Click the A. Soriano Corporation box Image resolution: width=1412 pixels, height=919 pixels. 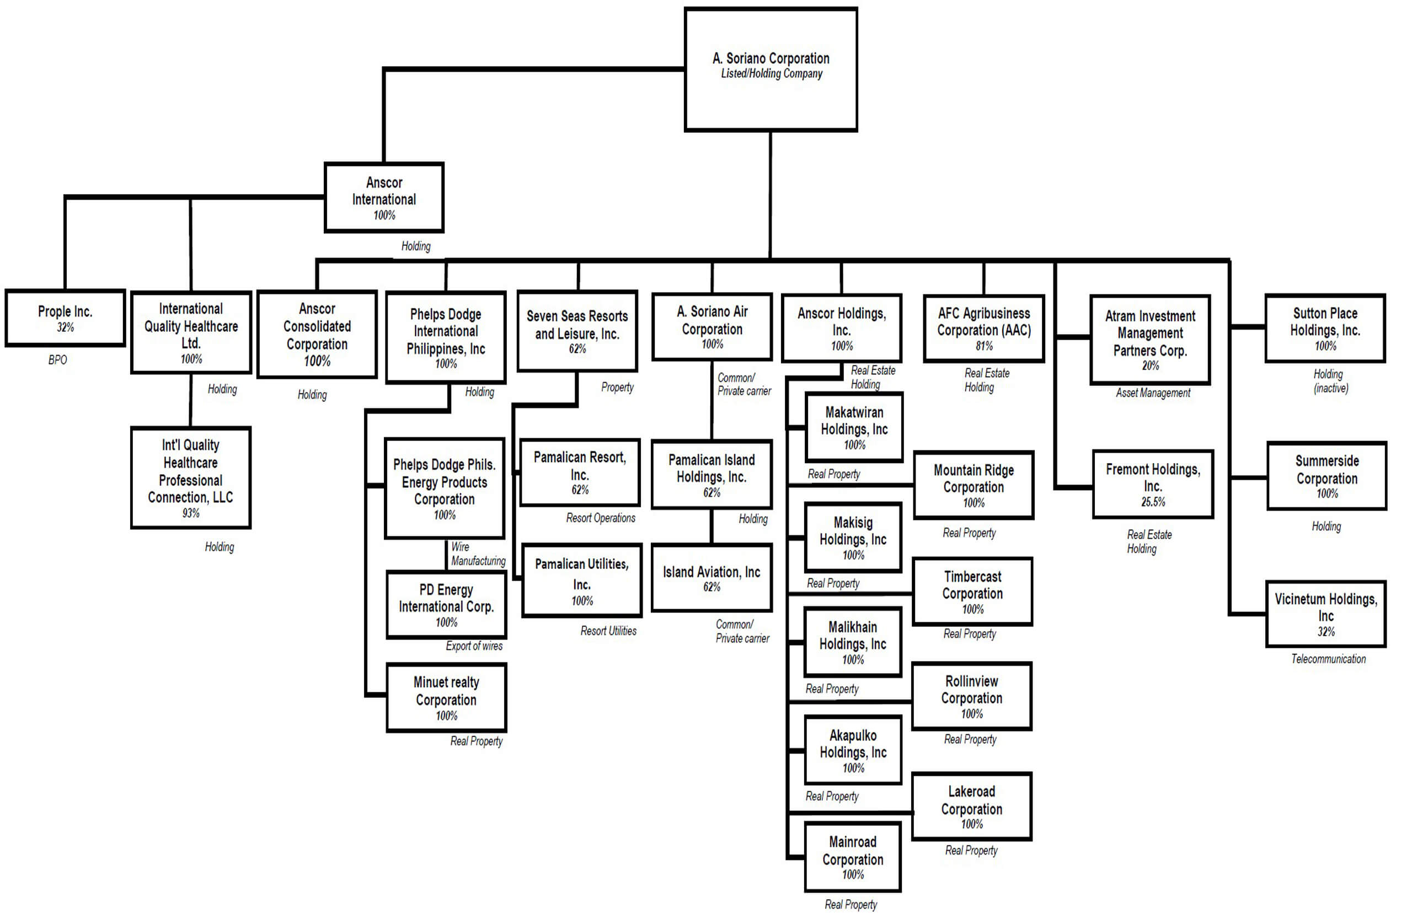pyautogui.click(x=771, y=69)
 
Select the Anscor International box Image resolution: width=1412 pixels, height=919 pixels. pyautogui.click(x=384, y=197)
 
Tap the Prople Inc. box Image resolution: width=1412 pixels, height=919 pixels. pyautogui.click(x=65, y=317)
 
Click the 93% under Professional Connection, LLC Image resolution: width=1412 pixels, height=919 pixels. pyautogui.click(x=190, y=513)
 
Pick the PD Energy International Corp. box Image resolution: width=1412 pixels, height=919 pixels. pyautogui.click(x=446, y=605)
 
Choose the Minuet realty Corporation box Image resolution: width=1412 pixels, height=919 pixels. pyautogui.click(x=446, y=697)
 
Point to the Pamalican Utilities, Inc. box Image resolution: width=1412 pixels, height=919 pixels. pyautogui.click(x=581, y=581)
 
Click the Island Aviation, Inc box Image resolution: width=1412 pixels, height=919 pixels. pyautogui.click(x=712, y=578)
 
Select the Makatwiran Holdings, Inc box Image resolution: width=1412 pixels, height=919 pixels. pyautogui.click(x=854, y=427)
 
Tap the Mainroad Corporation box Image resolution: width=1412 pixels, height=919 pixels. pyautogui.click(x=853, y=857)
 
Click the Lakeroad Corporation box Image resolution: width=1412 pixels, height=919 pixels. pyautogui.click(x=971, y=807)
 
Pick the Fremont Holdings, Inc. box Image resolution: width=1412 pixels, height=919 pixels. pyautogui.click(x=1153, y=484)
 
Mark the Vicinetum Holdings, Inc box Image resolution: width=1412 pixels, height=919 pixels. pyautogui.click(x=1326, y=614)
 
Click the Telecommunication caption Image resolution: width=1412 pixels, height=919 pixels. pyautogui.click(x=1328, y=659)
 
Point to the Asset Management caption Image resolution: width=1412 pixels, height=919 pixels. pyautogui.click(x=1153, y=393)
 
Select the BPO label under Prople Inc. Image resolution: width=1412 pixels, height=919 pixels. pyautogui.click(x=57, y=360)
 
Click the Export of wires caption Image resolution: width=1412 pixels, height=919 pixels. pyautogui.click(x=474, y=646)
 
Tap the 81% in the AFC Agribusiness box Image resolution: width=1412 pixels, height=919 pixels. pyautogui.click(x=983, y=346)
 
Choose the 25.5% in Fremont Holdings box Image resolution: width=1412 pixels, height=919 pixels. pyautogui.click(x=1153, y=502)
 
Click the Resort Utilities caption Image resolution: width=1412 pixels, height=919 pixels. pyautogui.click(x=608, y=631)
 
